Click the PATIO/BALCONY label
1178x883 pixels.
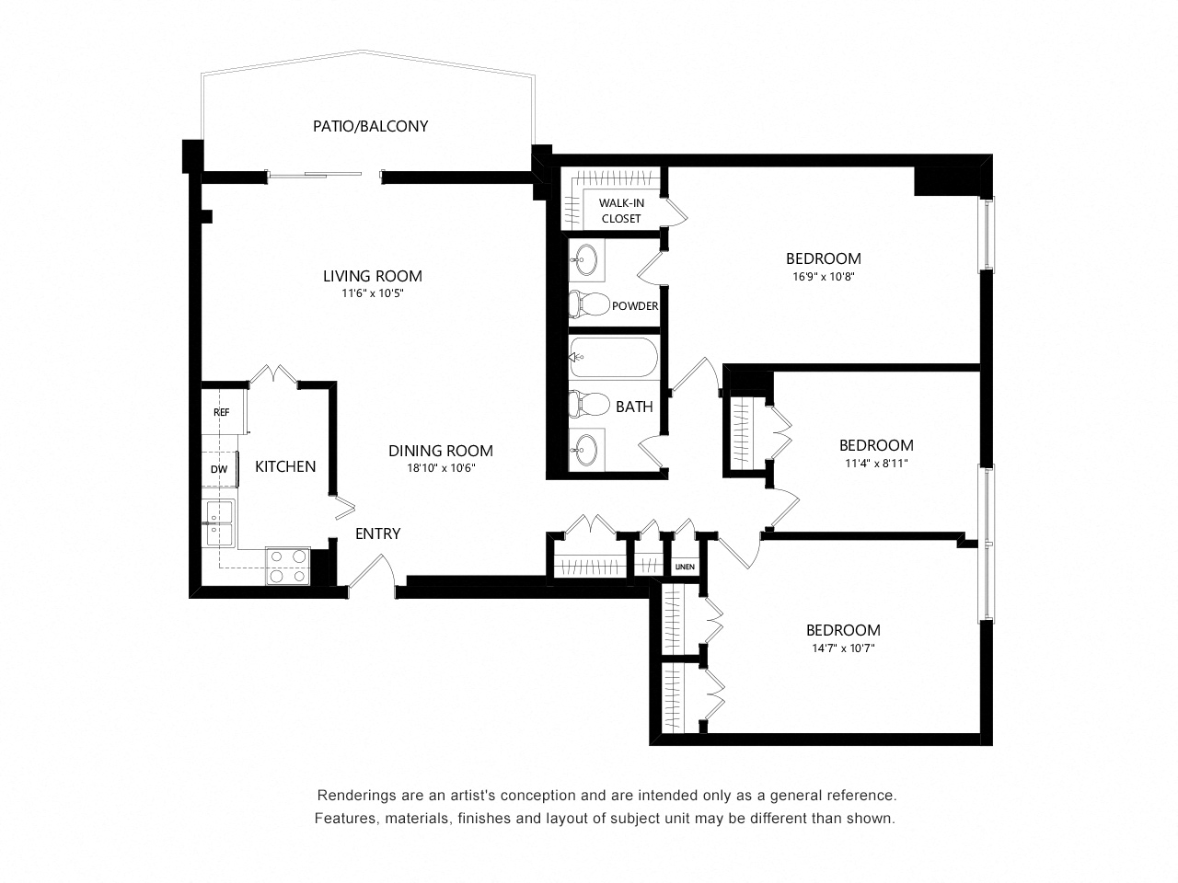(x=370, y=126)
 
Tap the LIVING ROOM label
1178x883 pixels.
(x=373, y=276)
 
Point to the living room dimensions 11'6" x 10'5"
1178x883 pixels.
(x=373, y=293)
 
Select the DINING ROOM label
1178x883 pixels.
(x=441, y=451)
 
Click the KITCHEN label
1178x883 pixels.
(x=285, y=466)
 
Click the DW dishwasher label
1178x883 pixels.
(x=219, y=470)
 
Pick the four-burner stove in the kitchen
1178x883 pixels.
(x=288, y=566)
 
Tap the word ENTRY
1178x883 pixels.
(x=378, y=533)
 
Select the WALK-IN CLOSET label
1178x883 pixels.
(x=621, y=211)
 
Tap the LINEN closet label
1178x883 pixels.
(x=685, y=567)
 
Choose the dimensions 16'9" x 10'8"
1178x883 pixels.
(x=824, y=277)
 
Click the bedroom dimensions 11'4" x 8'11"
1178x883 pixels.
(x=876, y=464)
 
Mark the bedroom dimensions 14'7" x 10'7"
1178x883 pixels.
(x=843, y=648)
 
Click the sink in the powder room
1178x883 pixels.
(x=586, y=260)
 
